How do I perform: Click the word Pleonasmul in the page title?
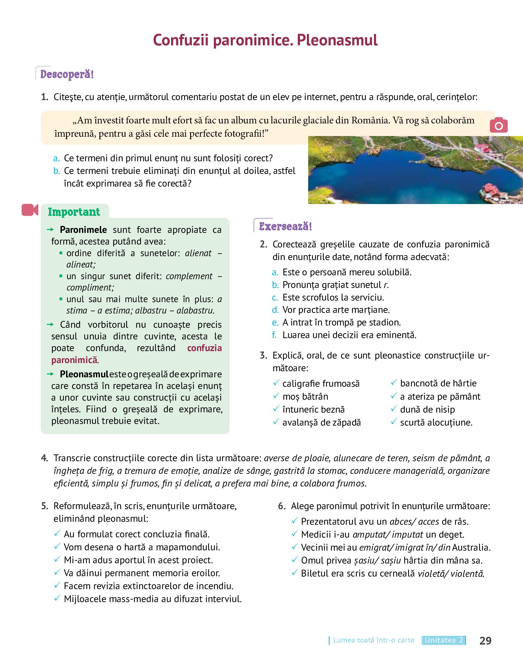click(337, 40)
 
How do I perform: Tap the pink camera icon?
click(498, 125)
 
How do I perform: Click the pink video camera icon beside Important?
click(30, 210)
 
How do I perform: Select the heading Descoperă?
click(67, 74)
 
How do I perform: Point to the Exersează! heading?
click(285, 226)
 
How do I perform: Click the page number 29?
click(485, 640)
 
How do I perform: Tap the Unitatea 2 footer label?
click(443, 640)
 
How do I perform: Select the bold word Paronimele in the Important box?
click(83, 230)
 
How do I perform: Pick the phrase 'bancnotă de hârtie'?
click(438, 383)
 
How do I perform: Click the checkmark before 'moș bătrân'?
click(276, 396)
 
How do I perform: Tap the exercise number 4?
click(44, 458)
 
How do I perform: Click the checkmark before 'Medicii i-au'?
click(295, 534)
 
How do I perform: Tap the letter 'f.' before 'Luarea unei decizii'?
click(274, 335)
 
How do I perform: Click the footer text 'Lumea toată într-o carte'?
click(374, 640)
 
